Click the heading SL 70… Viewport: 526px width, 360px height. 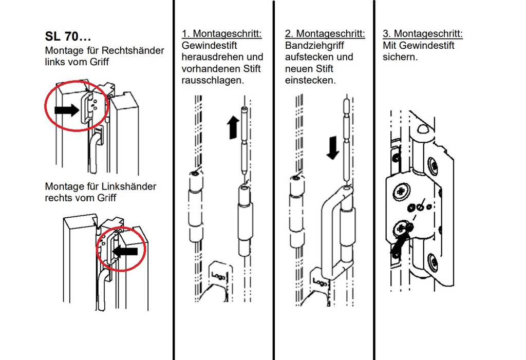pos(68,37)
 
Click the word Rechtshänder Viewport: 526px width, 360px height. pos(133,50)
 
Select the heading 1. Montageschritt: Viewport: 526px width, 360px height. pos(221,34)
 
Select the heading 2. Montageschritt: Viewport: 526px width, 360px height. pos(325,34)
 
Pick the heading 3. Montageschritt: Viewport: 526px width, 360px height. pos(423,34)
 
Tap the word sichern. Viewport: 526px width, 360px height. pos(400,58)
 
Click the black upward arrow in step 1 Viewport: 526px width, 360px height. pos(233,127)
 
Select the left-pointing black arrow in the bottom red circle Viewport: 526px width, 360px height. pos(125,251)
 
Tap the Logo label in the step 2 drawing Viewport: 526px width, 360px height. pos(319,283)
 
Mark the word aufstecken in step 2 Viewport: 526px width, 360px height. pos(311,57)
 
